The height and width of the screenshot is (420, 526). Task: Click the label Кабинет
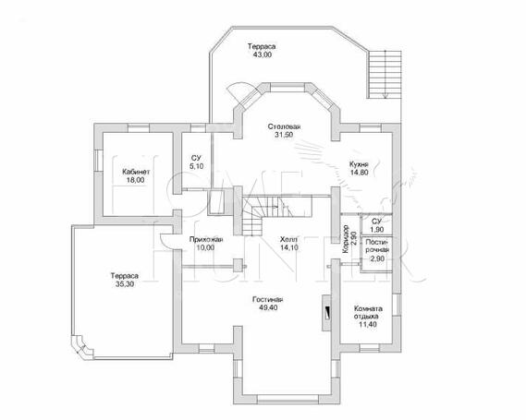pos(136,172)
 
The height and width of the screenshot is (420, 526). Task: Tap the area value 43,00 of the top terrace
pos(263,54)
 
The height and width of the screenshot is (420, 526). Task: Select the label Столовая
pos(284,126)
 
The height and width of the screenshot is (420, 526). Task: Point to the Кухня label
pos(359,164)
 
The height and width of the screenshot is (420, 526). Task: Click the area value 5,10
pos(196,166)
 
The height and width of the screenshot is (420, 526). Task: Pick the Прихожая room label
pos(206,239)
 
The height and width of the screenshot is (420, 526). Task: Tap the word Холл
pos(288,239)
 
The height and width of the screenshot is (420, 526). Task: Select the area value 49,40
pos(268,307)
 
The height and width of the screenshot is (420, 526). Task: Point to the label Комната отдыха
pos(368,313)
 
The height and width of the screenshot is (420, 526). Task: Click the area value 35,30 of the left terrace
pos(125,284)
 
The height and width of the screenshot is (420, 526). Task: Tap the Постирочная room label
pos(377,246)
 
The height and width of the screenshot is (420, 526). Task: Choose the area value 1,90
pos(377,230)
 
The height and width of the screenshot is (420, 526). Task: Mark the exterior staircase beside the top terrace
pos(385,75)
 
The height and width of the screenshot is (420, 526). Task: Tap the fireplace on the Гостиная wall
pos(327,313)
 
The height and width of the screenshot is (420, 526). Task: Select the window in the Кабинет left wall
pos(98,161)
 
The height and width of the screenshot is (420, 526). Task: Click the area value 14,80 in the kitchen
pos(359,173)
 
